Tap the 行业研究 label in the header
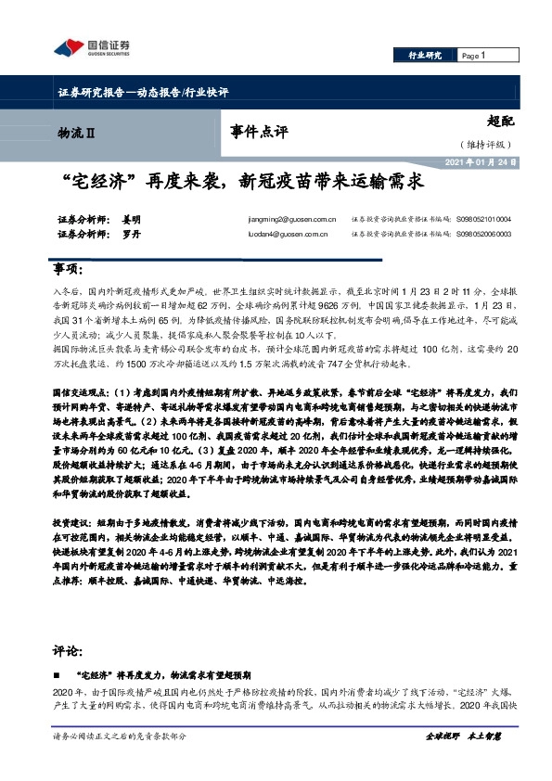pos(425,56)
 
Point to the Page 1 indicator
pos(474,56)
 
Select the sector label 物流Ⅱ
pos(76,134)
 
